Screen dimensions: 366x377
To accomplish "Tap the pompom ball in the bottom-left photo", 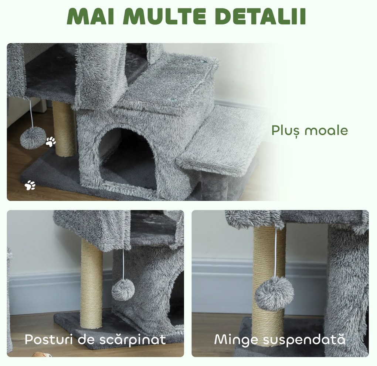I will [x=123, y=289].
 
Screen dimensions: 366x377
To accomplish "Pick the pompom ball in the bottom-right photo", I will [x=275, y=293].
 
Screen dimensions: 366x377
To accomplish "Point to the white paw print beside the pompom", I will [x=51, y=141].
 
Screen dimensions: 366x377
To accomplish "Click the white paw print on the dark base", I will [x=30, y=185].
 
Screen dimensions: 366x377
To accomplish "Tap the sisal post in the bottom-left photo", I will [x=91, y=283].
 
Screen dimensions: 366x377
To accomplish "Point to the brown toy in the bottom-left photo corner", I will [x=41, y=355].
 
